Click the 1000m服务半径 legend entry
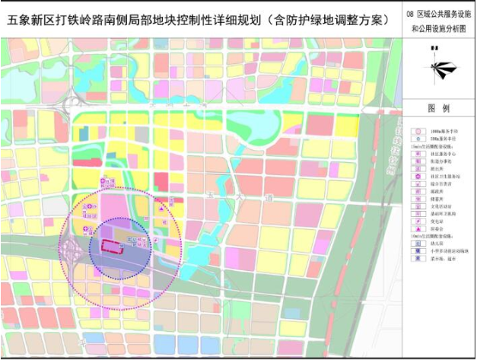click(440, 132)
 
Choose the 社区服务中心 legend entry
click(440, 154)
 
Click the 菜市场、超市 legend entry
click(440, 258)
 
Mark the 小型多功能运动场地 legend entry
click(445, 250)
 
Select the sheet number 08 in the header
click(410, 14)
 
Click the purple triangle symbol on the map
click(163, 206)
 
